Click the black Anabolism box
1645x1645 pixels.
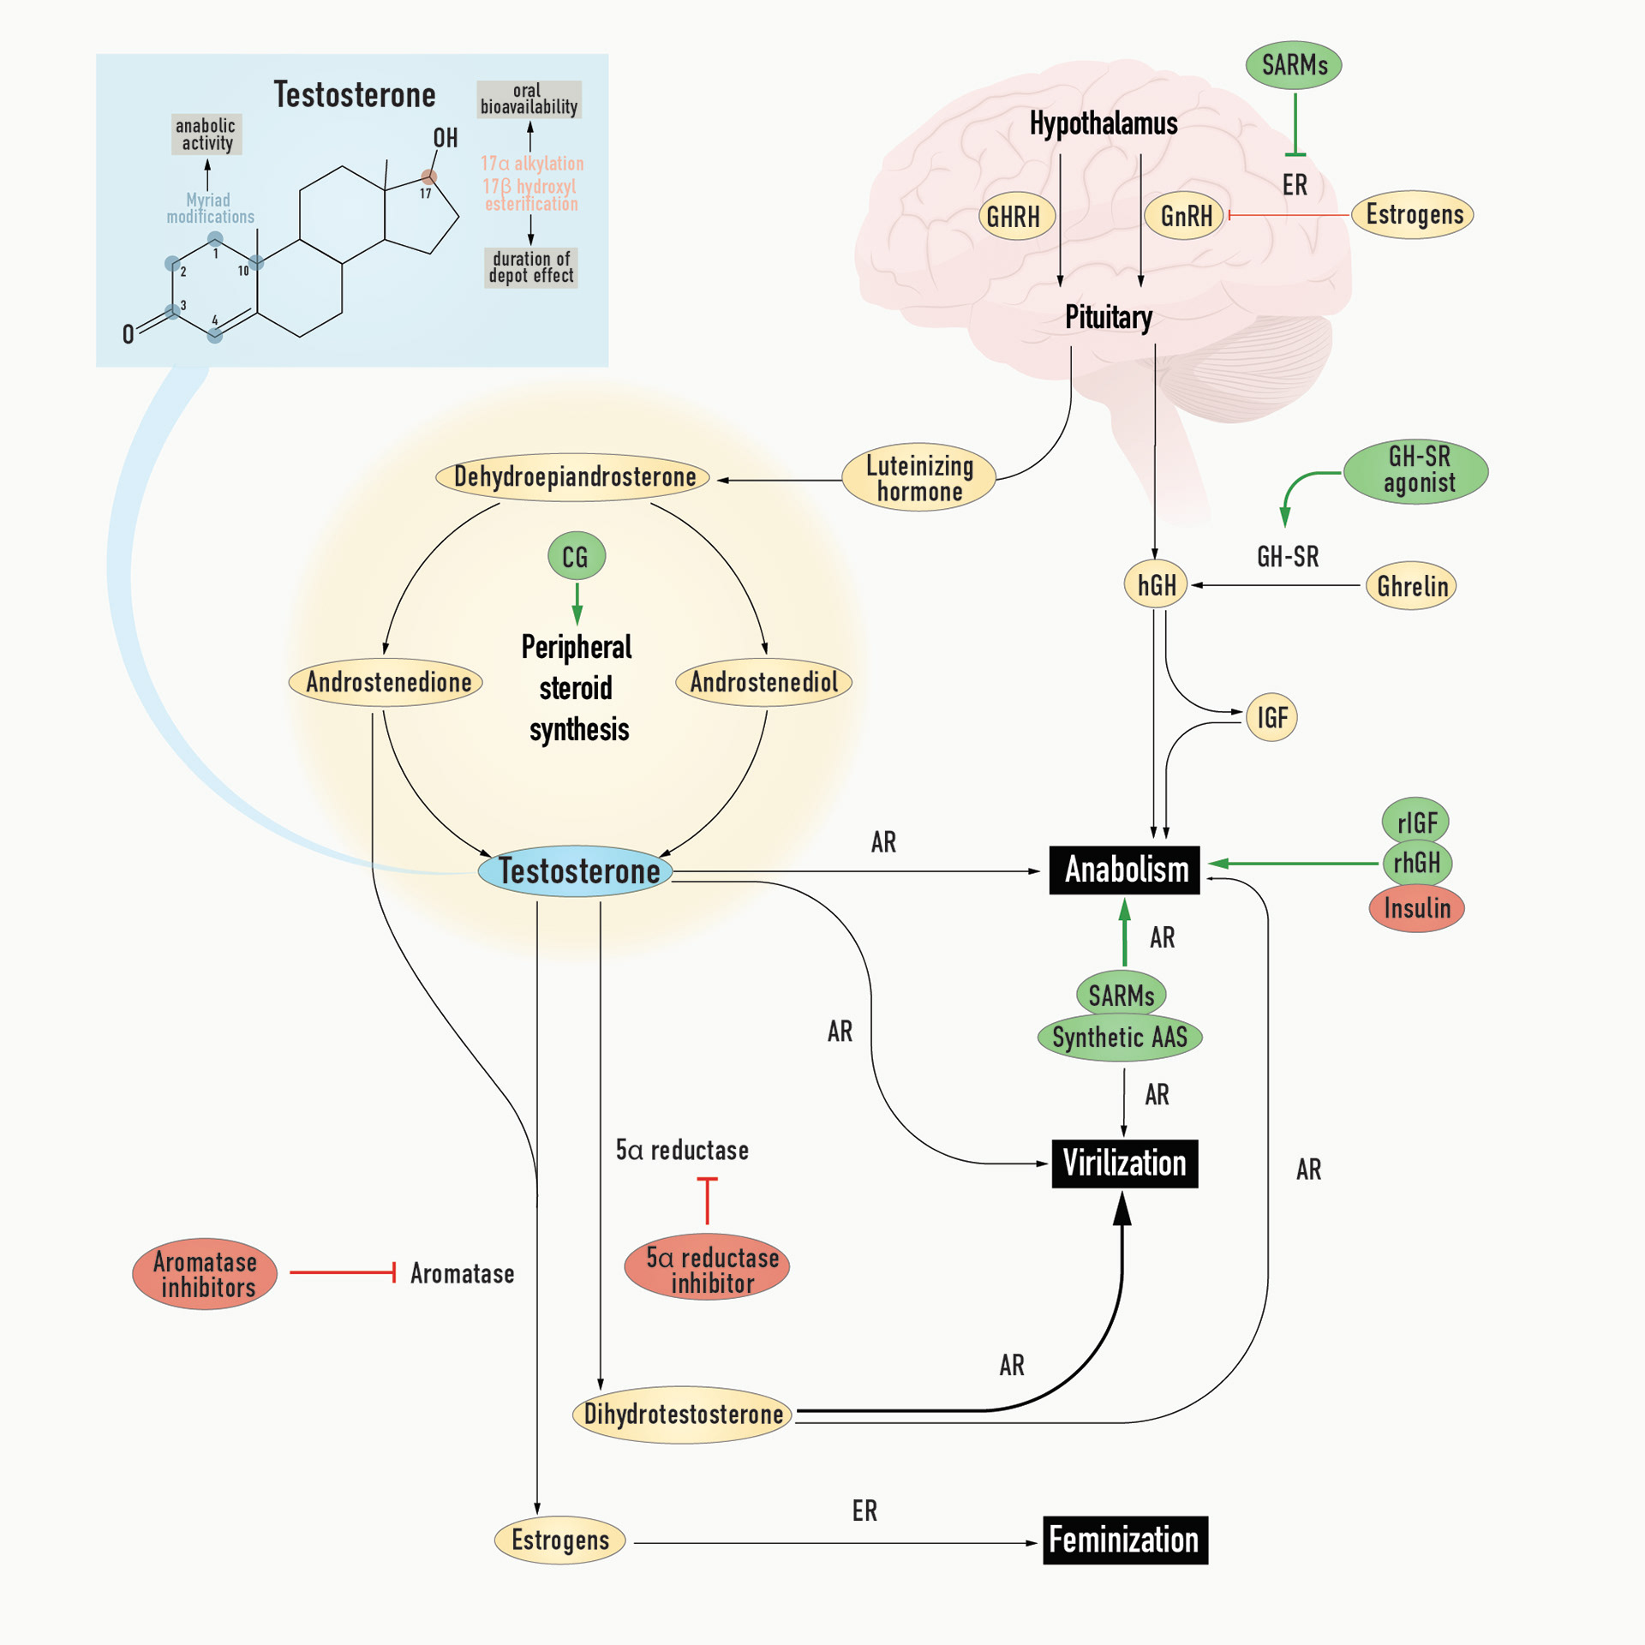(x=1124, y=870)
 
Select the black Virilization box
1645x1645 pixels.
(x=1124, y=1163)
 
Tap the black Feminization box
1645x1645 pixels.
(x=1124, y=1540)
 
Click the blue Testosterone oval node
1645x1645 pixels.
(x=576, y=871)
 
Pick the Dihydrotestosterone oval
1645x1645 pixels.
(x=682, y=1415)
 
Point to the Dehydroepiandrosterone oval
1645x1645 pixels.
(x=572, y=477)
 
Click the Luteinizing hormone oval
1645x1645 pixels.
(x=918, y=478)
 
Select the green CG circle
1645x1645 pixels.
(x=577, y=557)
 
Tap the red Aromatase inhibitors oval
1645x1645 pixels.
(x=205, y=1274)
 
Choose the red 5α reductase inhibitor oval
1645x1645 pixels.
(x=707, y=1269)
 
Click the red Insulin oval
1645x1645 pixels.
(x=1417, y=908)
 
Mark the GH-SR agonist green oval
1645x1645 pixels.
(x=1416, y=470)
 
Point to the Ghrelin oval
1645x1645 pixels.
(x=1411, y=586)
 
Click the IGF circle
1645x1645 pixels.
(x=1271, y=717)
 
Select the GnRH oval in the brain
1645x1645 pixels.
(x=1186, y=216)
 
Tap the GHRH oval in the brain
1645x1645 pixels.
(x=1014, y=217)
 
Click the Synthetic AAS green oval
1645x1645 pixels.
(x=1120, y=1038)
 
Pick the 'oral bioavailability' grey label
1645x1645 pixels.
(x=529, y=99)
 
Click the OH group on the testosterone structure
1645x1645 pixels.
(x=445, y=139)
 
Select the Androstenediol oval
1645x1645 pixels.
(x=763, y=683)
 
